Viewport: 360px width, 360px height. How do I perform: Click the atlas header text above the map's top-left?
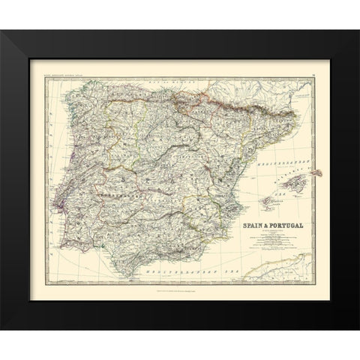pos(67,72)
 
